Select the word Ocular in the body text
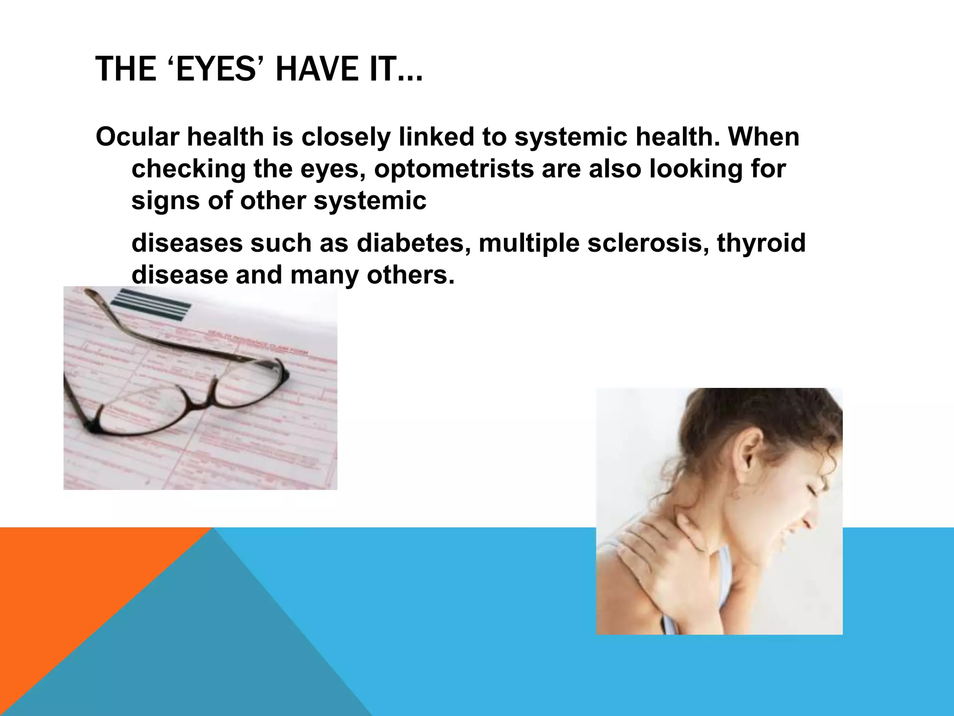coord(137,137)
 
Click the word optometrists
coord(454,169)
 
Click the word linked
coord(436,137)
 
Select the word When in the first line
coord(764,137)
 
